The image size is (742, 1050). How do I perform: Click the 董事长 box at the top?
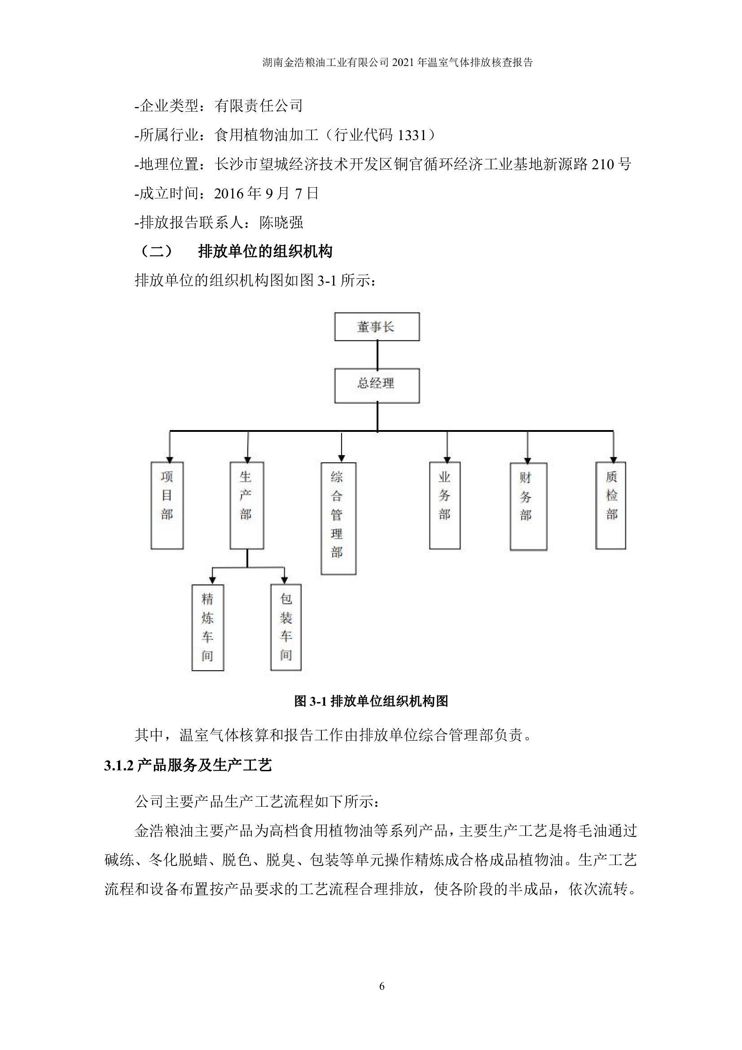coord(377,326)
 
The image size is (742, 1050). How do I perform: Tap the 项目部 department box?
coord(167,505)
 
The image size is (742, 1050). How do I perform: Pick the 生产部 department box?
coord(246,505)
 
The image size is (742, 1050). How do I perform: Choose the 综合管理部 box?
coord(338,518)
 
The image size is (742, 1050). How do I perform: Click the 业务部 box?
coord(444,505)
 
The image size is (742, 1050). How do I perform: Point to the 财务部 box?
coord(528,506)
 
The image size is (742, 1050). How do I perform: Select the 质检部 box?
coord(610,505)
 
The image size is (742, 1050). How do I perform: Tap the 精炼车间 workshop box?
coord(207,627)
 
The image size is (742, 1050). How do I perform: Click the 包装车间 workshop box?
coord(286,627)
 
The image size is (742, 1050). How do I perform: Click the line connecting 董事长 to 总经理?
coord(377,355)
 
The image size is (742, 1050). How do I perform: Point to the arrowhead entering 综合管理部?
coord(341,458)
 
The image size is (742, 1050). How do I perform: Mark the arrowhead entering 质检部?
coord(613,460)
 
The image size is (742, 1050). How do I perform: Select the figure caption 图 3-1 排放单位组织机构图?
coord(371,701)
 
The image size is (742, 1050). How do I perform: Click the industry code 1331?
coord(412,136)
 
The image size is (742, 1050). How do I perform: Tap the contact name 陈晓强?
coord(281,223)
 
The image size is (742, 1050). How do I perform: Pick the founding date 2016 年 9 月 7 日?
coord(266,193)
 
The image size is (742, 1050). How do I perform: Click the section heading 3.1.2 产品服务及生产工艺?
coord(188,765)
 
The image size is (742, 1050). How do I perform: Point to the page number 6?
coord(382,986)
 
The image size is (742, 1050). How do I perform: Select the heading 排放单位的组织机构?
coord(265,251)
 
